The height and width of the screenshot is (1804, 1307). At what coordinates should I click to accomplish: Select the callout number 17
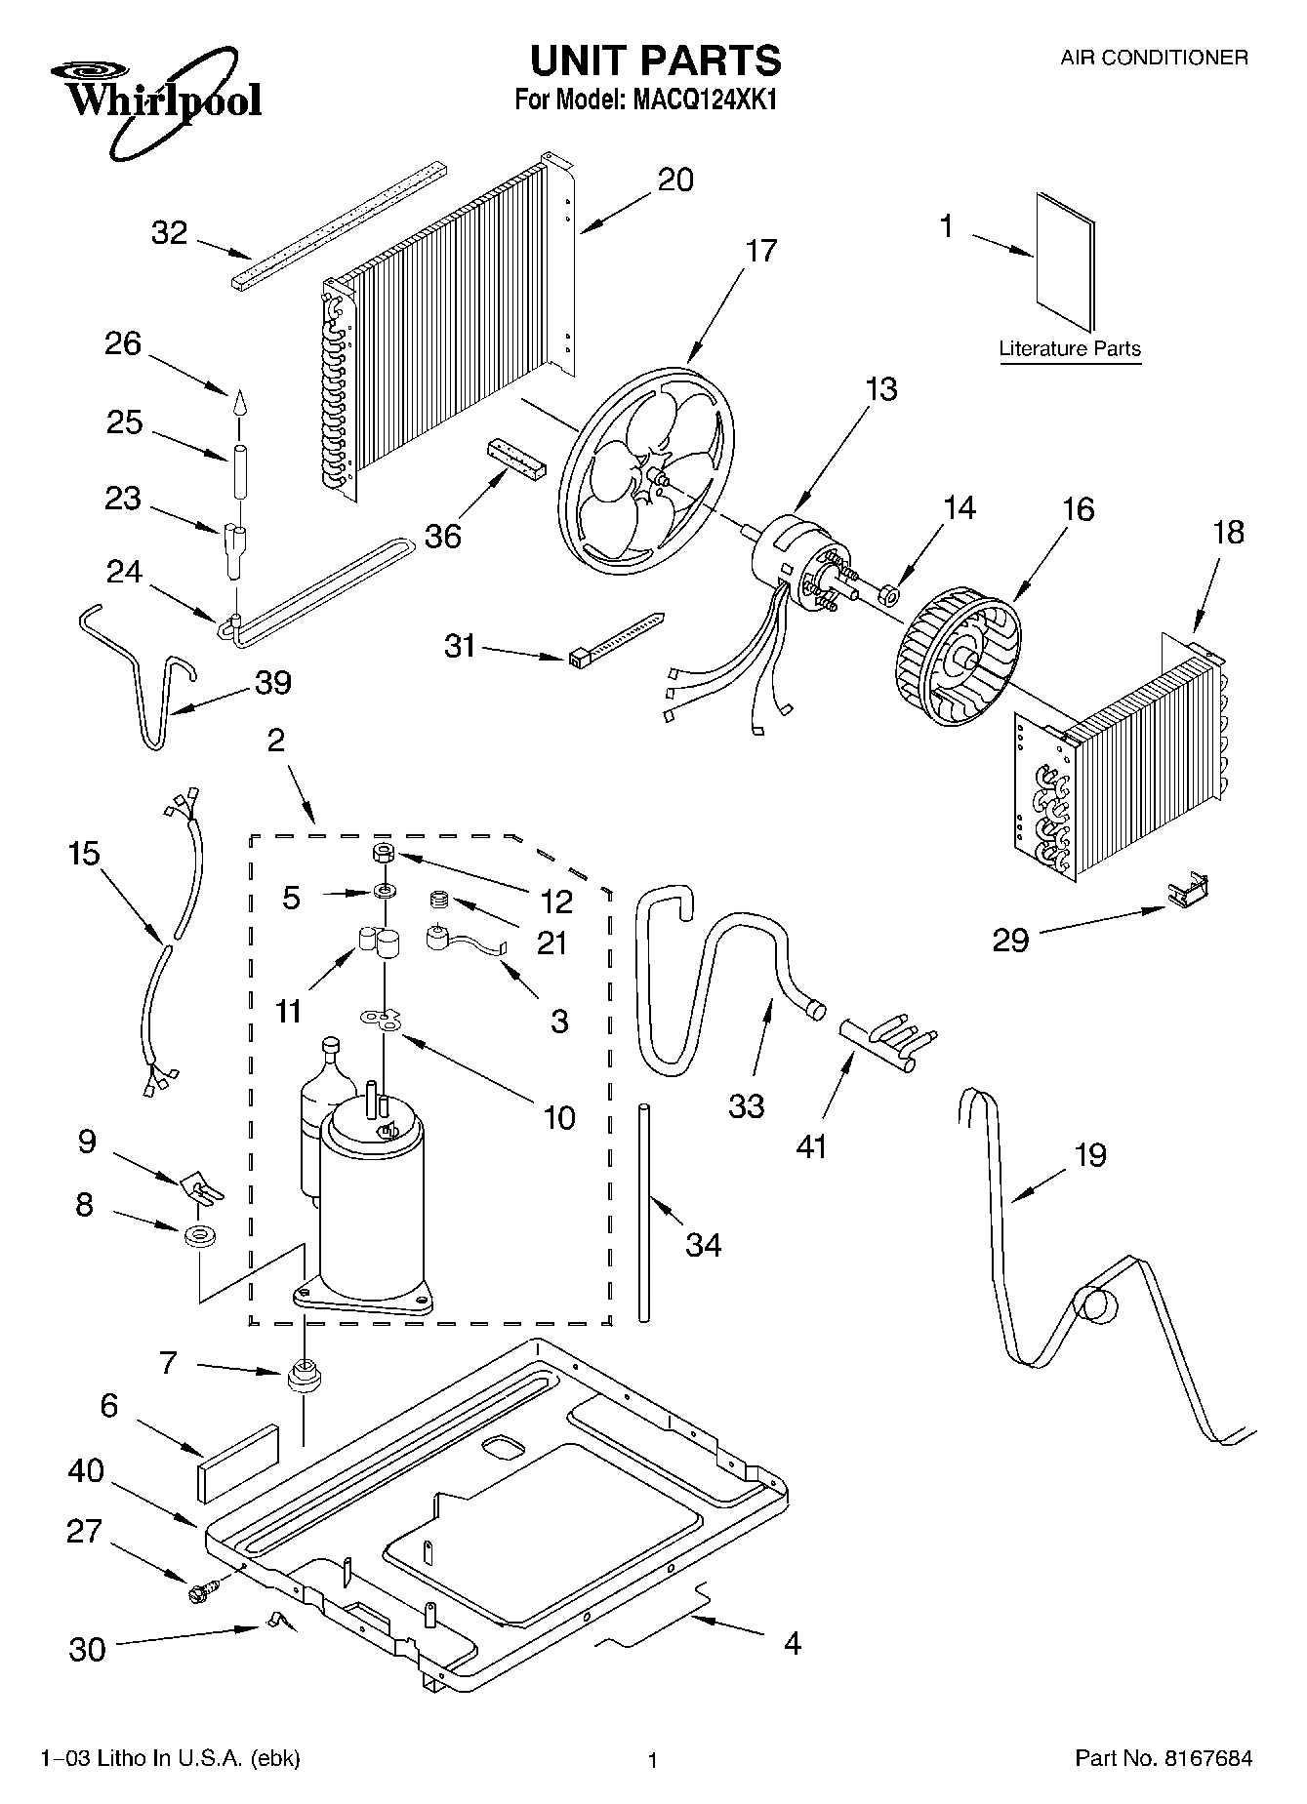coord(760,251)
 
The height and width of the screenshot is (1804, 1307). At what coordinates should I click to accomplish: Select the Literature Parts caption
coord(1070,349)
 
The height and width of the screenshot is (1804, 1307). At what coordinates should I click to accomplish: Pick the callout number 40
coord(86,1469)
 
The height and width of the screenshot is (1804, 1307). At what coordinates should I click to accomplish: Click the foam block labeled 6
coord(238,1461)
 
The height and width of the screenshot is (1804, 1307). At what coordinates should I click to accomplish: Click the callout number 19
coord(1089,1154)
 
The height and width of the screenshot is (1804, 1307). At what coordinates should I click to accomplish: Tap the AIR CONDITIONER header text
coord(1154,58)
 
